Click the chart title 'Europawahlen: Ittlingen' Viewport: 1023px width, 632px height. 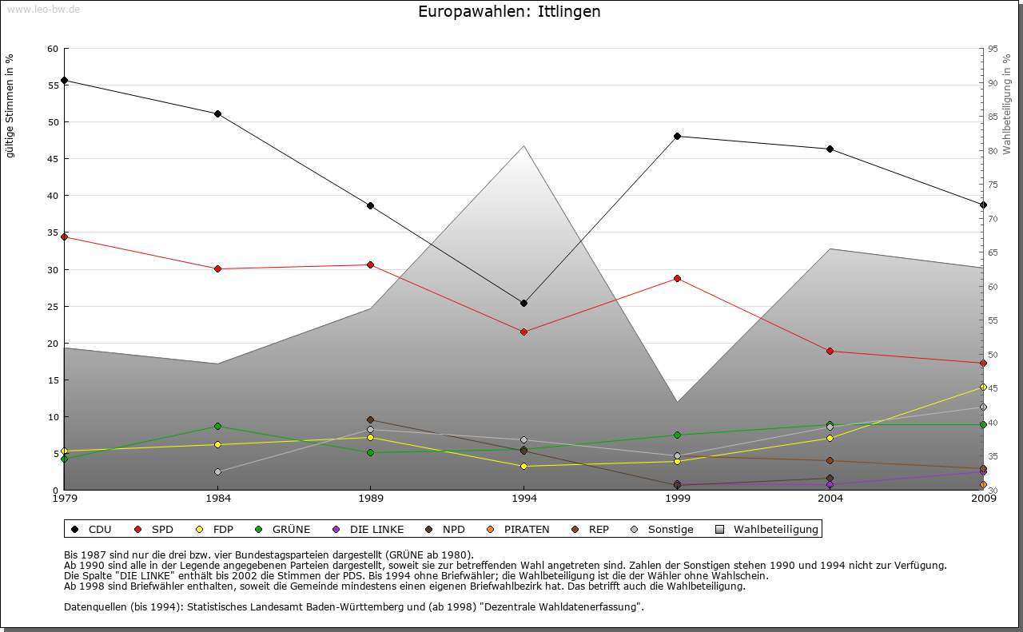(509, 12)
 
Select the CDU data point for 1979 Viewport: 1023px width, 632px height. (64, 81)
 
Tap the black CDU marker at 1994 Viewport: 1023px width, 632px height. (523, 304)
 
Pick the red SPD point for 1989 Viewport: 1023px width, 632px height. (370, 264)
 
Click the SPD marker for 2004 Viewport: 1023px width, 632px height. (830, 351)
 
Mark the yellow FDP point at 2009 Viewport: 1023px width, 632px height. (983, 387)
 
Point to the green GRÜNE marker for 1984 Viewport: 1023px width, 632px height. (217, 426)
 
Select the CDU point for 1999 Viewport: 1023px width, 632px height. (677, 136)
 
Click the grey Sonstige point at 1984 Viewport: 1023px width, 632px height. (217, 471)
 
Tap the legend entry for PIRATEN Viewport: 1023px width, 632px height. (519, 529)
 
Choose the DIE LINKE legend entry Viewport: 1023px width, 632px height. (369, 529)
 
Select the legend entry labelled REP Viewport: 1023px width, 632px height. (591, 529)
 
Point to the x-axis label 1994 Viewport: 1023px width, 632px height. (523, 499)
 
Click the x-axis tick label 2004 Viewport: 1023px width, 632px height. (830, 499)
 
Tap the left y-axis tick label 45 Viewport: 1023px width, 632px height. (53, 159)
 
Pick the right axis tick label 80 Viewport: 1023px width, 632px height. (992, 151)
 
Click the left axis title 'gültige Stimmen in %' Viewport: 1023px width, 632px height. (10, 105)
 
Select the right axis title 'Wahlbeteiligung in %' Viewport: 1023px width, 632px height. (1007, 104)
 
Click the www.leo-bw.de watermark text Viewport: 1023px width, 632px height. (43, 9)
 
